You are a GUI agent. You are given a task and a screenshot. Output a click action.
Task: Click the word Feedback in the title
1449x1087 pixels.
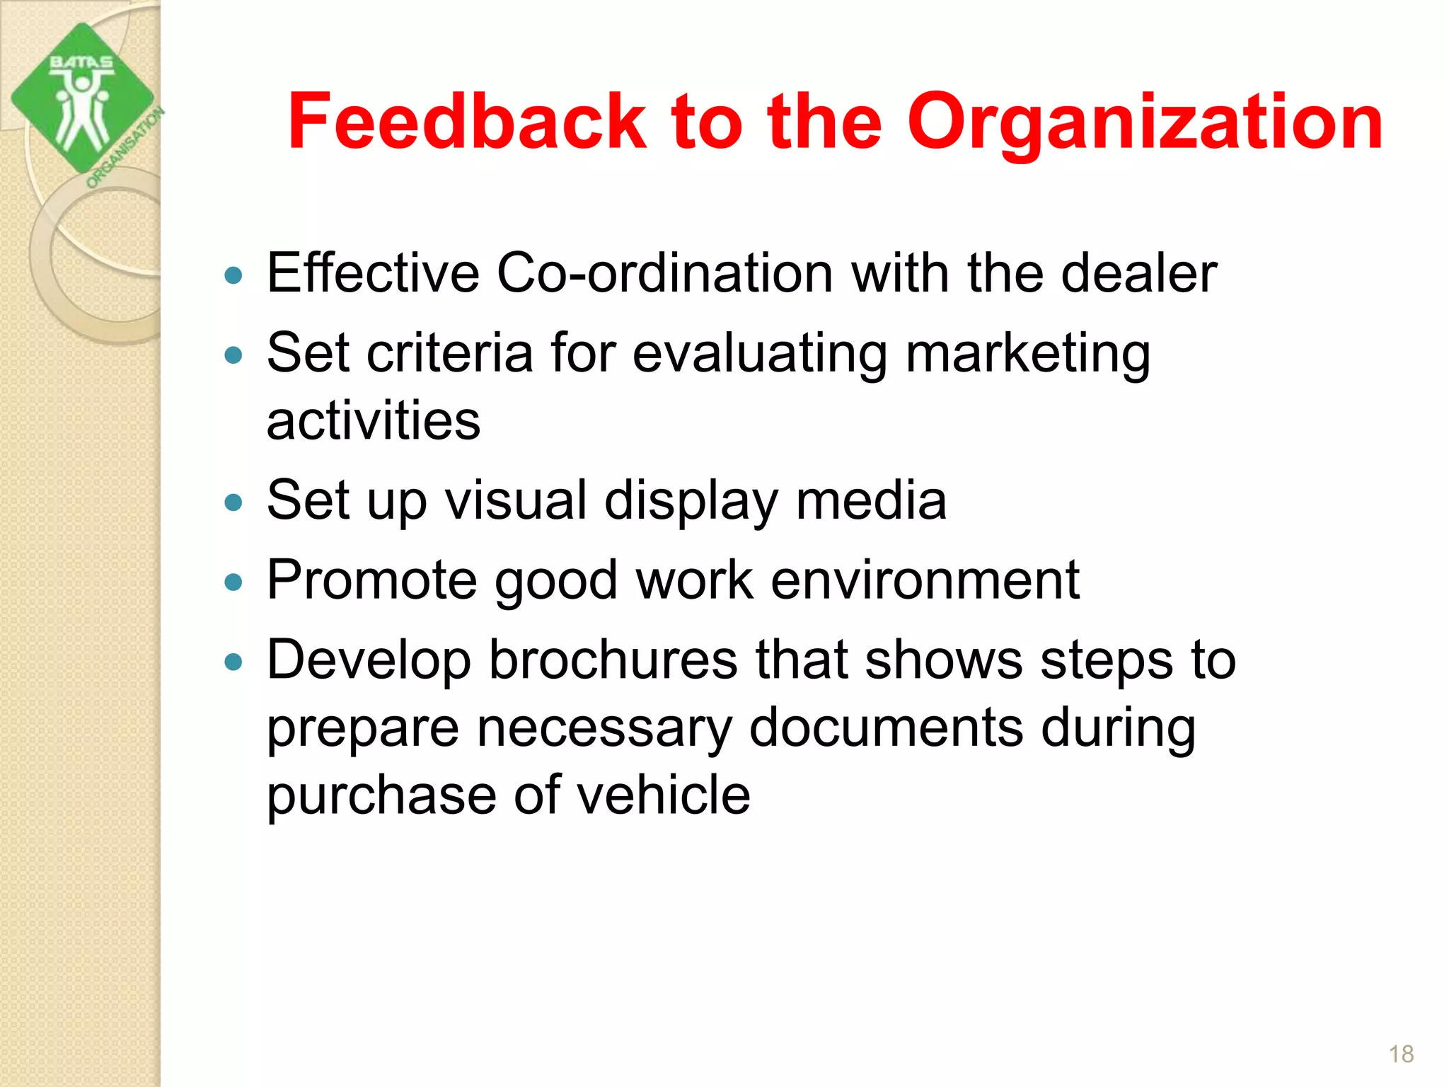[x=467, y=122]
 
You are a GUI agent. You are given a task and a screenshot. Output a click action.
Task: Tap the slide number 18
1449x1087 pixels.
[x=1401, y=1054]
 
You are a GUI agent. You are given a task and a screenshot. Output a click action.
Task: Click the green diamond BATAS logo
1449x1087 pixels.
[x=82, y=98]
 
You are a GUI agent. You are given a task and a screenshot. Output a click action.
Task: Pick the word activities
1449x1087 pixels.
[x=374, y=420]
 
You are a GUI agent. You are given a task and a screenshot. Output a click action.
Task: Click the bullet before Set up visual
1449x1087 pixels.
[x=233, y=502]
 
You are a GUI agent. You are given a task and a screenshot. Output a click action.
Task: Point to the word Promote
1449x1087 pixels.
[x=372, y=580]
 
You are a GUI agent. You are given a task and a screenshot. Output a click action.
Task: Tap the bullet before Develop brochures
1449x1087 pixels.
[x=233, y=662]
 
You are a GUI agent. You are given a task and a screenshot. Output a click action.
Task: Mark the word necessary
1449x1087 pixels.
[x=604, y=729]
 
